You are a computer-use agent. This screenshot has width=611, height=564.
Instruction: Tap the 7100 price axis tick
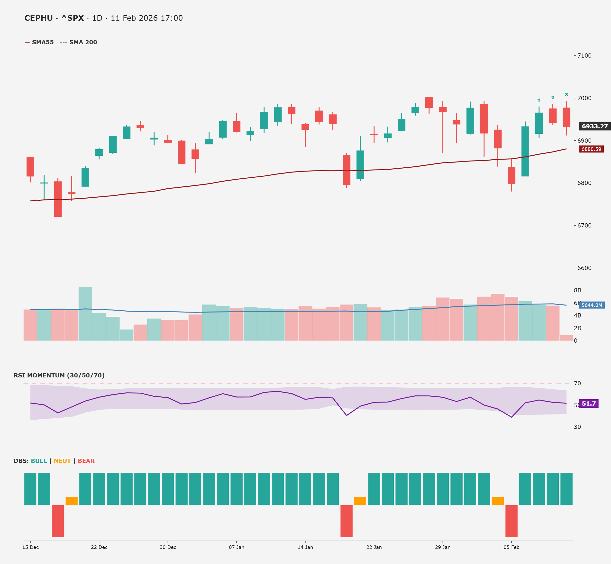[x=584, y=55]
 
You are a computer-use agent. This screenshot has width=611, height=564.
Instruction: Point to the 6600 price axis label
[x=584, y=268]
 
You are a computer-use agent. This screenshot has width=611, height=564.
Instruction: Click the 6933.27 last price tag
[x=595, y=126]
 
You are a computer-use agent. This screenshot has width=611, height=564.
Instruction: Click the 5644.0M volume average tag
[x=592, y=305]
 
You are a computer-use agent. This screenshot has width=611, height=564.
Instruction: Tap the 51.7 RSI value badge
[x=589, y=403]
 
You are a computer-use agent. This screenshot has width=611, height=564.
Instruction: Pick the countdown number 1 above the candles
[x=539, y=100]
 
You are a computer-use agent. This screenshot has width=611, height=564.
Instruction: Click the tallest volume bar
[x=85, y=314]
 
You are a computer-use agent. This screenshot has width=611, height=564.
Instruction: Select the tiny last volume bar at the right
[x=567, y=338]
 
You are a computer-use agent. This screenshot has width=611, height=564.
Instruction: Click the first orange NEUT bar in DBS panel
[x=71, y=501]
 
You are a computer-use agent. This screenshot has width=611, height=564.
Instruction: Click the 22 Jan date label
[x=374, y=547]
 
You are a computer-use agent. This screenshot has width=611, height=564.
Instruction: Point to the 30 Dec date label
[x=168, y=547]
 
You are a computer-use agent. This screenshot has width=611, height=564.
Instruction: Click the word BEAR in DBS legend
[x=86, y=461]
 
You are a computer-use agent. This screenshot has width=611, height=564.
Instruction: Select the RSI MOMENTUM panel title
[x=59, y=375]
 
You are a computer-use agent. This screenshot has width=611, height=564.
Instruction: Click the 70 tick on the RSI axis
[x=578, y=383]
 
